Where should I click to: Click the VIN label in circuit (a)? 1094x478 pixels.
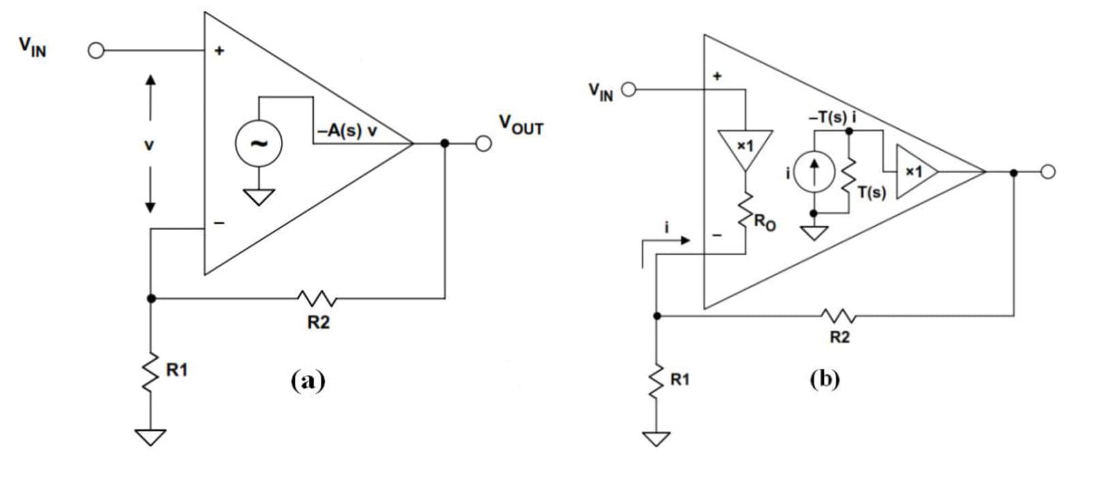point(33,46)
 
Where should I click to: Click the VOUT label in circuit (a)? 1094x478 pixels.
point(521,125)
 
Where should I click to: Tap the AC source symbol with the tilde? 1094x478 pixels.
point(258,144)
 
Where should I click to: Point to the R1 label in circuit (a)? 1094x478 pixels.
point(177,370)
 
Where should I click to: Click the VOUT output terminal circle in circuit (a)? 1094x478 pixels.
point(484,144)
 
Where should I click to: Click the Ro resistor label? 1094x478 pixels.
point(765,222)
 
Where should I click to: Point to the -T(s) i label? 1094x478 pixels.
point(832,117)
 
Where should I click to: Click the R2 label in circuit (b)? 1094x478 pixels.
point(840,337)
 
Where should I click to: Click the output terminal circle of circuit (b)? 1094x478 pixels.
point(1048,172)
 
